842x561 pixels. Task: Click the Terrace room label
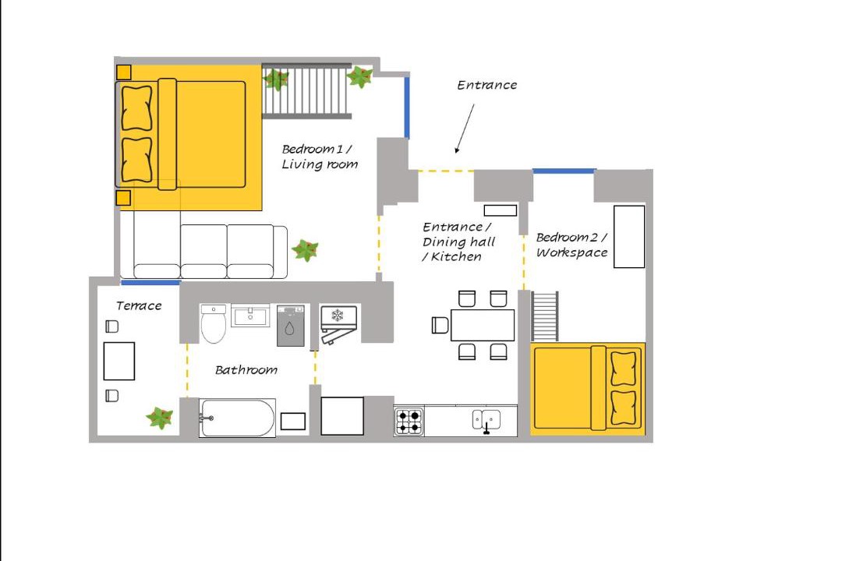139,305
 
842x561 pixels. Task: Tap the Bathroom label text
246,369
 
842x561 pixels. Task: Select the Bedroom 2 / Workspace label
572,245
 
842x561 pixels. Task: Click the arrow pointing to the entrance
465,129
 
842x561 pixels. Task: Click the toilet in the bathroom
213,323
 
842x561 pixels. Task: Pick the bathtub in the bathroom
237,418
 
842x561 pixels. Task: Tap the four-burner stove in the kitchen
409,422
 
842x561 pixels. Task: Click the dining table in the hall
483,325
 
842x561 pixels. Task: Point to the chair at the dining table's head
440,326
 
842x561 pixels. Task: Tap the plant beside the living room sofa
306,249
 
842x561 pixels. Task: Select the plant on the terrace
160,417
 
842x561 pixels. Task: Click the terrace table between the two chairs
119,361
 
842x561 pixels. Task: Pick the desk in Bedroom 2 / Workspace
629,236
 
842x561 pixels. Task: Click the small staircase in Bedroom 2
545,316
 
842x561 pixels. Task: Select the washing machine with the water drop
291,326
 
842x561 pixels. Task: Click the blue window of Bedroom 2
564,171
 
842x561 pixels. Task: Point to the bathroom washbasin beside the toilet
251,316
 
